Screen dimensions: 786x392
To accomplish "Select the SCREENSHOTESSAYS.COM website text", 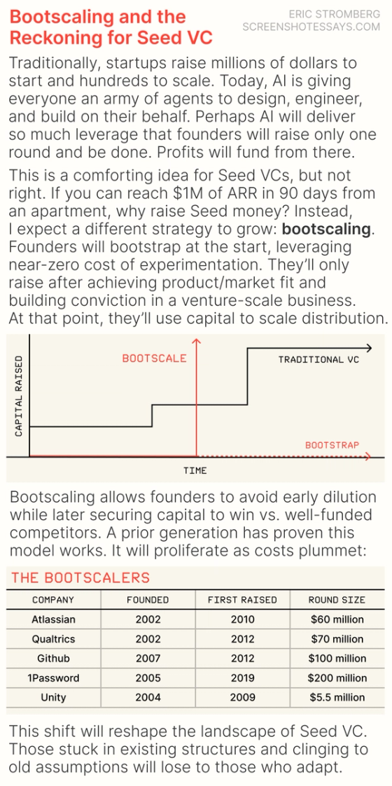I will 311,27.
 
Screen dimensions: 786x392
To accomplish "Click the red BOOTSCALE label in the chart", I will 154,358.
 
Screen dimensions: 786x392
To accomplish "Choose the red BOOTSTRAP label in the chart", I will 331,444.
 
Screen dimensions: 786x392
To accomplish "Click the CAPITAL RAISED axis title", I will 19,395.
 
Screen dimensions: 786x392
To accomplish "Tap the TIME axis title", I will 195,470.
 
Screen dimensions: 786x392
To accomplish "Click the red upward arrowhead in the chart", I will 196,342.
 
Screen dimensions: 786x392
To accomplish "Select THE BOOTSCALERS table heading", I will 80,577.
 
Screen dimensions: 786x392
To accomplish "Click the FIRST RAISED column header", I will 242,600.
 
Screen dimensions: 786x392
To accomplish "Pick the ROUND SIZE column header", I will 337,600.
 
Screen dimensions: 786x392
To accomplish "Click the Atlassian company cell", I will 53,619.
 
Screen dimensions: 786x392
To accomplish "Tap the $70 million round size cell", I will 337,639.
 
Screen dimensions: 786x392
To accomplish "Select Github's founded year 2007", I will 148,658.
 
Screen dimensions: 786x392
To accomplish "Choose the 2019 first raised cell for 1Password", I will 242,678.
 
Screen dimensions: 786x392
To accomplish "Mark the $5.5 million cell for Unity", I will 337,697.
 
